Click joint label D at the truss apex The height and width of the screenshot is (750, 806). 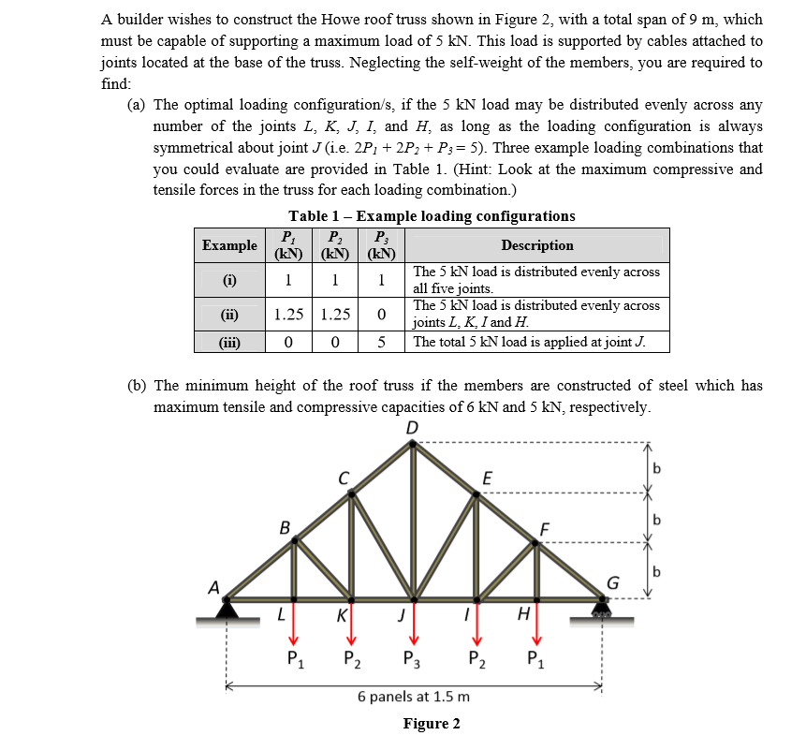[413, 428]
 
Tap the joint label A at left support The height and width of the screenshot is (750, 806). [214, 589]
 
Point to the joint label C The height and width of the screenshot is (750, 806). [344, 478]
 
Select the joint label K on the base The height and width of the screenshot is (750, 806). [343, 617]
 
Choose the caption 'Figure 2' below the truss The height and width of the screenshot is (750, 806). [432, 724]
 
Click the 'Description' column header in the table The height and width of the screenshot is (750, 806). [537, 245]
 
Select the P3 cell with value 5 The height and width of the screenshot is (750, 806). [381, 342]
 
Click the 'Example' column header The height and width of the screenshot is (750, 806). [229, 245]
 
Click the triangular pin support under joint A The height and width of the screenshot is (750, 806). [227, 610]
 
